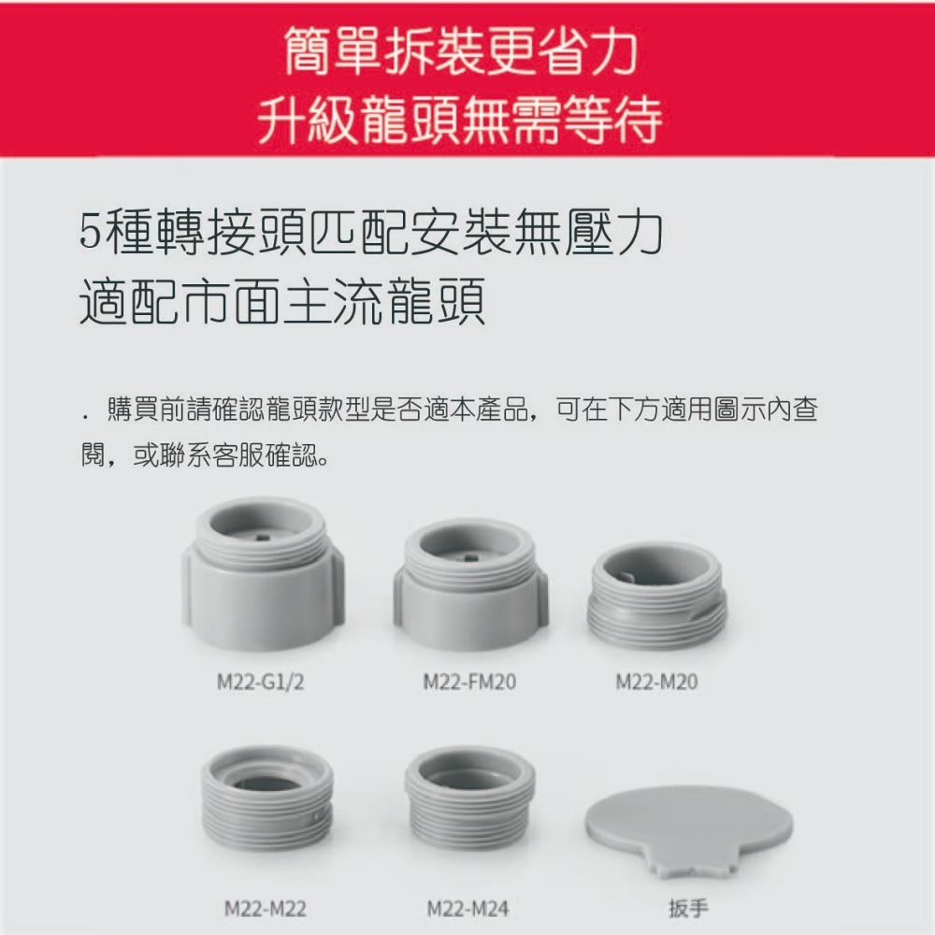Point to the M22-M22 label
(266, 908)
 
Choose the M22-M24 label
(468, 908)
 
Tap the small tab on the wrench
(687, 865)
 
